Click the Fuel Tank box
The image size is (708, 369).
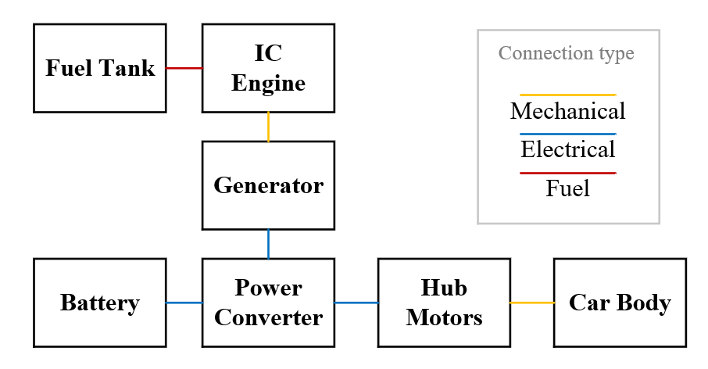tap(99, 68)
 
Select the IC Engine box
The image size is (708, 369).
tap(268, 68)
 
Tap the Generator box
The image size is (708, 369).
tap(268, 185)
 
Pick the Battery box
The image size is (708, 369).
tap(99, 303)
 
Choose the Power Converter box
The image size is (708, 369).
tap(268, 303)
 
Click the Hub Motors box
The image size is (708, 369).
tap(444, 303)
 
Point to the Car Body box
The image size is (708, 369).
tap(620, 303)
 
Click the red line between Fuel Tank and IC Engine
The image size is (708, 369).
tap(184, 68)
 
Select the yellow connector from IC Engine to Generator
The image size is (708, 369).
tap(268, 127)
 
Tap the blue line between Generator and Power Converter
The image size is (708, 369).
tap(268, 244)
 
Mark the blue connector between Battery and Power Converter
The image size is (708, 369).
tap(184, 303)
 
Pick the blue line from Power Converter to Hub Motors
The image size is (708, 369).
tap(356, 303)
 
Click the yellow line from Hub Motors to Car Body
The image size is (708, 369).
tap(531, 303)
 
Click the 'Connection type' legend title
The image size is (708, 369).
tap(567, 53)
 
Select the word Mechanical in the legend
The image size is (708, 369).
tap(568, 111)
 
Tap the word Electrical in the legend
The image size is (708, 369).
tap(568, 149)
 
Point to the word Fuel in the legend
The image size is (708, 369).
tap(568, 188)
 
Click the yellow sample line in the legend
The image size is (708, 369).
tap(568, 95)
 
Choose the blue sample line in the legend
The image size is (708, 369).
tap(568, 134)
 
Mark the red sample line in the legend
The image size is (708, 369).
tap(568, 173)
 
